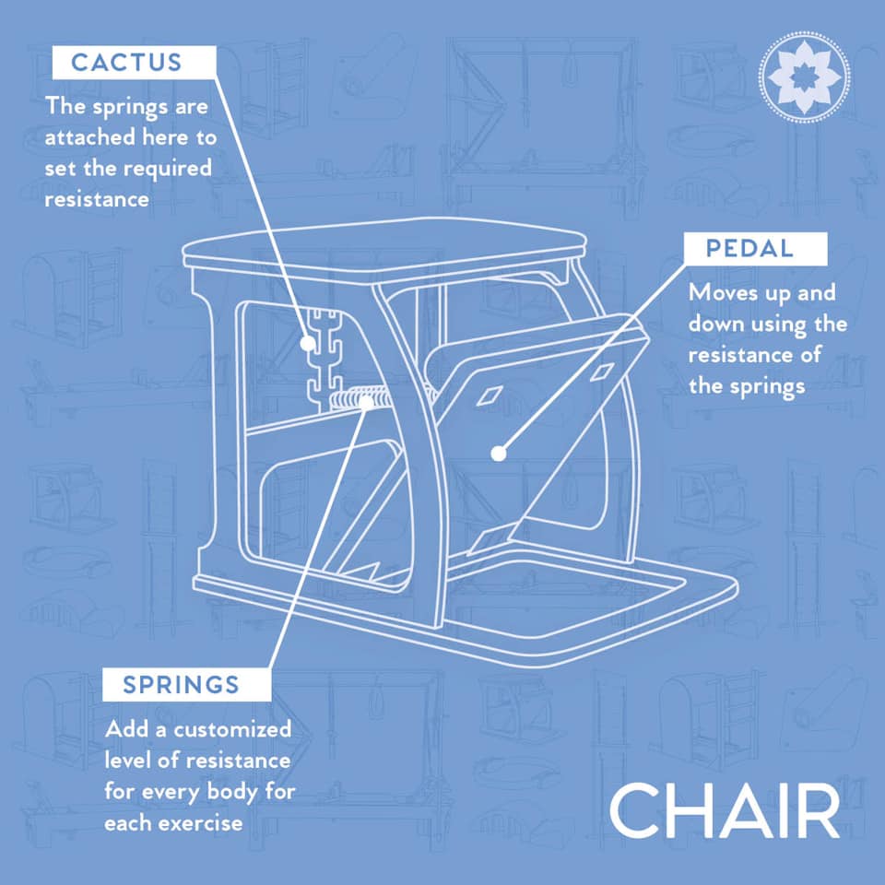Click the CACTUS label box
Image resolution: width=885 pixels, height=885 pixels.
tap(134, 62)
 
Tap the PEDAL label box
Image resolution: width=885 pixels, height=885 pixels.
tap(755, 248)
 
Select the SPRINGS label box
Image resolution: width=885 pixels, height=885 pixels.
tap(186, 685)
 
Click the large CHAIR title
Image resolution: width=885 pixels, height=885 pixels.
tap(725, 810)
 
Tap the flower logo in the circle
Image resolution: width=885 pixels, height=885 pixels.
tap(804, 77)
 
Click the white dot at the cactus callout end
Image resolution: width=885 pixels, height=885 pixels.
tap(308, 343)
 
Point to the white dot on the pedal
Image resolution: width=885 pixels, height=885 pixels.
tap(499, 454)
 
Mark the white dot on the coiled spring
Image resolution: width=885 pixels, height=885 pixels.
tap(366, 403)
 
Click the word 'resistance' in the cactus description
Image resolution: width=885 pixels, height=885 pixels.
tap(97, 199)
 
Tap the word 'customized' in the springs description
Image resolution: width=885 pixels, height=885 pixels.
tap(232, 729)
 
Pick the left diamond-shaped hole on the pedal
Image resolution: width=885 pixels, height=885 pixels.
tap(490, 395)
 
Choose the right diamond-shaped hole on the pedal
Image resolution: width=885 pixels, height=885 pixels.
tap(602, 372)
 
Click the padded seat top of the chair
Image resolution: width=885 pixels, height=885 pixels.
tap(383, 243)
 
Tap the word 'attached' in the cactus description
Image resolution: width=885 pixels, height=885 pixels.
tap(89, 137)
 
